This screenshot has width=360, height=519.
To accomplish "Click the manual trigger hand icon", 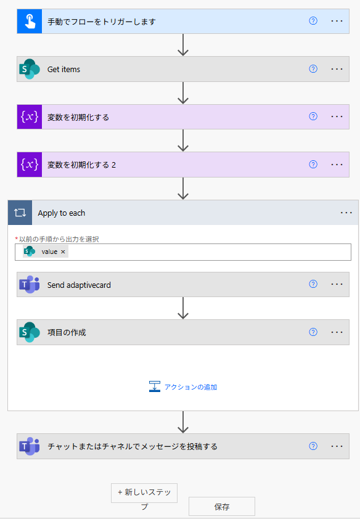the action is (x=30, y=21).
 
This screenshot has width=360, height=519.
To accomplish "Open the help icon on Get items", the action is (x=313, y=69).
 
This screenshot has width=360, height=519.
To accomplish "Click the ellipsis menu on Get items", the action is (x=337, y=69).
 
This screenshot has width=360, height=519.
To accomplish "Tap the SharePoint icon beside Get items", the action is (x=30, y=69).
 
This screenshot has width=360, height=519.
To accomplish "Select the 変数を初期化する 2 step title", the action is (x=81, y=165).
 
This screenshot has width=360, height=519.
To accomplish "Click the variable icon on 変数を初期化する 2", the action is (x=30, y=165).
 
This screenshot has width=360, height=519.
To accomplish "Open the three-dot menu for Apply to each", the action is (x=346, y=213).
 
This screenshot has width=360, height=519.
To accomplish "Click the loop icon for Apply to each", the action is (x=20, y=213).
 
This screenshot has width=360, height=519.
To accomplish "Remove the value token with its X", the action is (x=63, y=252).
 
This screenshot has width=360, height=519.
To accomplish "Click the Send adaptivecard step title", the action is (x=79, y=285).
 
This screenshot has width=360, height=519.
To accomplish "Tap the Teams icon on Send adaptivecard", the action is (x=30, y=284).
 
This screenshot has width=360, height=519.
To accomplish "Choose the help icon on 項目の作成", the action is (x=313, y=332).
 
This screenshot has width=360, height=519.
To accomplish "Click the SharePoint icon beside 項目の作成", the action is (x=30, y=332).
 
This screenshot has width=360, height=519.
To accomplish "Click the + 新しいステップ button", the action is (x=144, y=493).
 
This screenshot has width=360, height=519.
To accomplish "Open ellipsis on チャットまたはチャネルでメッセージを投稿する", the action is (x=337, y=446).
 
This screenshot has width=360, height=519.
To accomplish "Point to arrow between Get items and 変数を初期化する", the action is (x=183, y=93).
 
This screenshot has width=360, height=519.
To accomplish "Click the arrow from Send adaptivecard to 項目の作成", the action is (x=183, y=308).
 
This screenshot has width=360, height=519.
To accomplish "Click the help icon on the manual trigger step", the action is (x=313, y=21).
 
